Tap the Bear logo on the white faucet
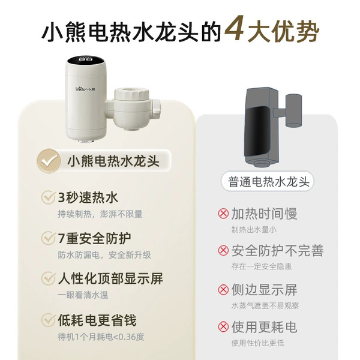pyautogui.click(x=85, y=89)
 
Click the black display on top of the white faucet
pyautogui.click(x=86, y=60)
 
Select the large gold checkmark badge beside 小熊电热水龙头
pyautogui.click(x=49, y=160)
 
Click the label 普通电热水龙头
pyautogui.click(x=268, y=182)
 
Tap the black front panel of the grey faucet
pyautogui.click(x=256, y=131)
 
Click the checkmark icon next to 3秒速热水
pyautogui.click(x=49, y=197)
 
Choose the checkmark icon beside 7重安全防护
pyautogui.click(x=49, y=238)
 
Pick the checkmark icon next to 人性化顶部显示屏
pyautogui.click(x=49, y=278)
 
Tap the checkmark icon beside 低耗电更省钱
pyautogui.click(x=49, y=320)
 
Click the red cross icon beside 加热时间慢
pyautogui.click(x=223, y=214)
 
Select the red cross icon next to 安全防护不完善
pyautogui.click(x=223, y=250)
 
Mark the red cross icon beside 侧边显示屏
pyautogui.click(x=223, y=290)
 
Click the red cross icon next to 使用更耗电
pyautogui.click(x=223, y=327)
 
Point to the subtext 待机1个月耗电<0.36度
pyautogui.click(x=101, y=337)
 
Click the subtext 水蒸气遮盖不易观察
pyautogui.click(x=265, y=305)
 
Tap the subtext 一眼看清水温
pyautogui.click(x=83, y=295)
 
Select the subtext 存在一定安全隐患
pyautogui.click(x=261, y=266)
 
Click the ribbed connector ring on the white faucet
pyautogui.click(x=132, y=95)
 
